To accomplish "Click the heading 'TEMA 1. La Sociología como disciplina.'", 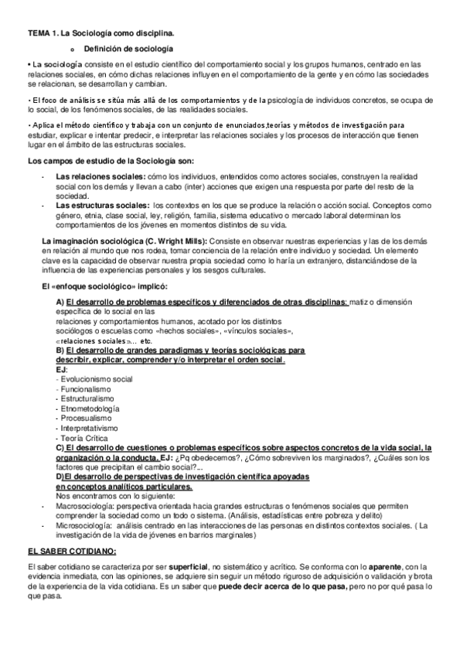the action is coord(100,34).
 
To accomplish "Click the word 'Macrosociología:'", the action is coord(87,504).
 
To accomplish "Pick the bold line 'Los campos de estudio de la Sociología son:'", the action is coord(111,161).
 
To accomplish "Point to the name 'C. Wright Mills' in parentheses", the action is coord(175,241).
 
